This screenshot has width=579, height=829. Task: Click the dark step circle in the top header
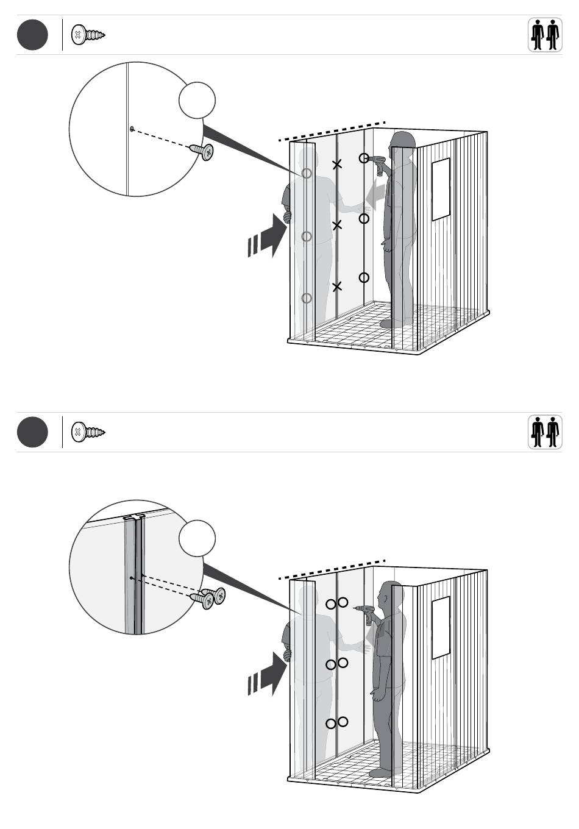[x=32, y=35]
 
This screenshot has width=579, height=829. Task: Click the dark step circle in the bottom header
[x=32, y=432]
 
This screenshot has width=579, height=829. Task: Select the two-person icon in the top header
[x=544, y=35]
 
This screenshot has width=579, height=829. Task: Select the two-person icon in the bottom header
[x=544, y=432]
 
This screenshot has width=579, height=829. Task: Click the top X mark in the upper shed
[x=337, y=164]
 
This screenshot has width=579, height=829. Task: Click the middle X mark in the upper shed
[x=337, y=226]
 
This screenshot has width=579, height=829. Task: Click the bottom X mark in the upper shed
[x=337, y=286]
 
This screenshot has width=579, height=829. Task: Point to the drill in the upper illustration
[x=378, y=164]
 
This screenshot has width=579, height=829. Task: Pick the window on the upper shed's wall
[x=441, y=189]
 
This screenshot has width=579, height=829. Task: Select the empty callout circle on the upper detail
[x=197, y=100]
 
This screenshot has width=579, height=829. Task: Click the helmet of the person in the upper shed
[x=403, y=139]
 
